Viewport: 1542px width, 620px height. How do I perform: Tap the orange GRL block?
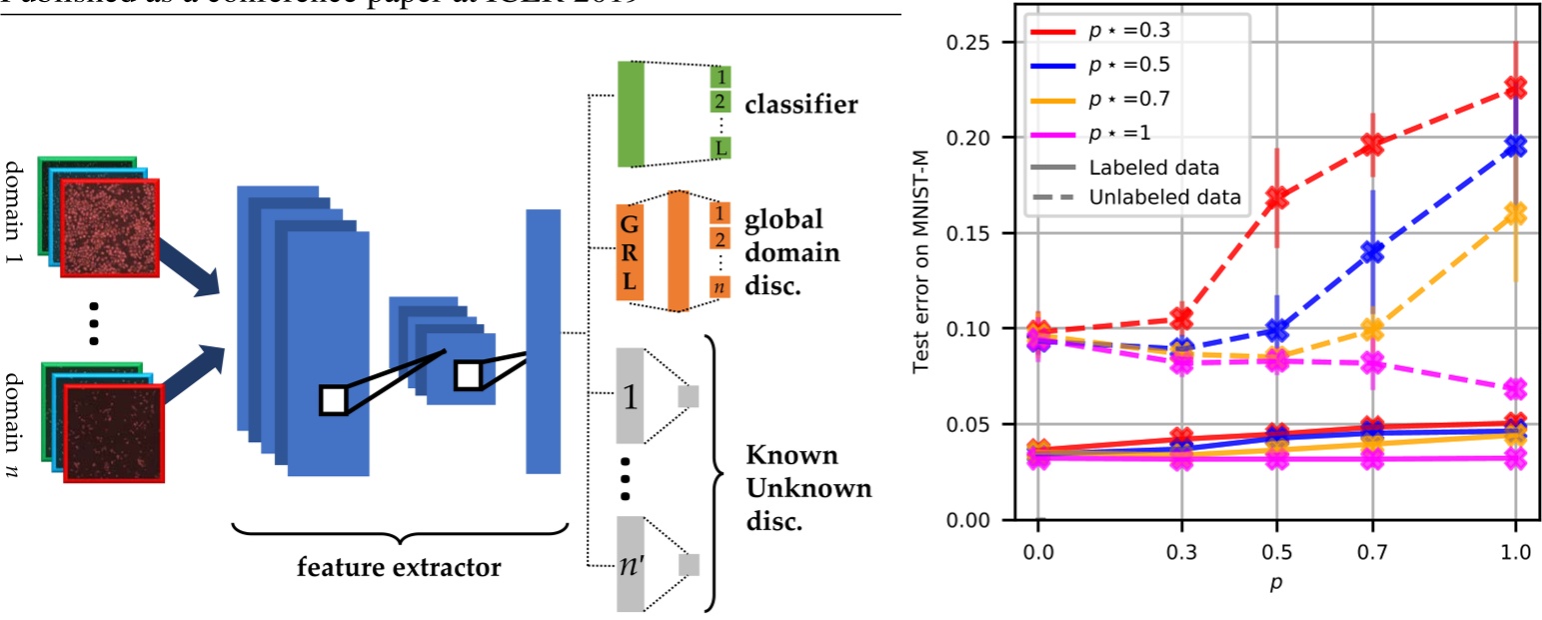629,249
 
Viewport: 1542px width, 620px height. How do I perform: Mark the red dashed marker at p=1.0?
1516,88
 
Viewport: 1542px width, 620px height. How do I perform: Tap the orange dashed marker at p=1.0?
1516,213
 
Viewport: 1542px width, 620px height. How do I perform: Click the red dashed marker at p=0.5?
1276,198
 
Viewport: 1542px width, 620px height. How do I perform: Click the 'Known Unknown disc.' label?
808,489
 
